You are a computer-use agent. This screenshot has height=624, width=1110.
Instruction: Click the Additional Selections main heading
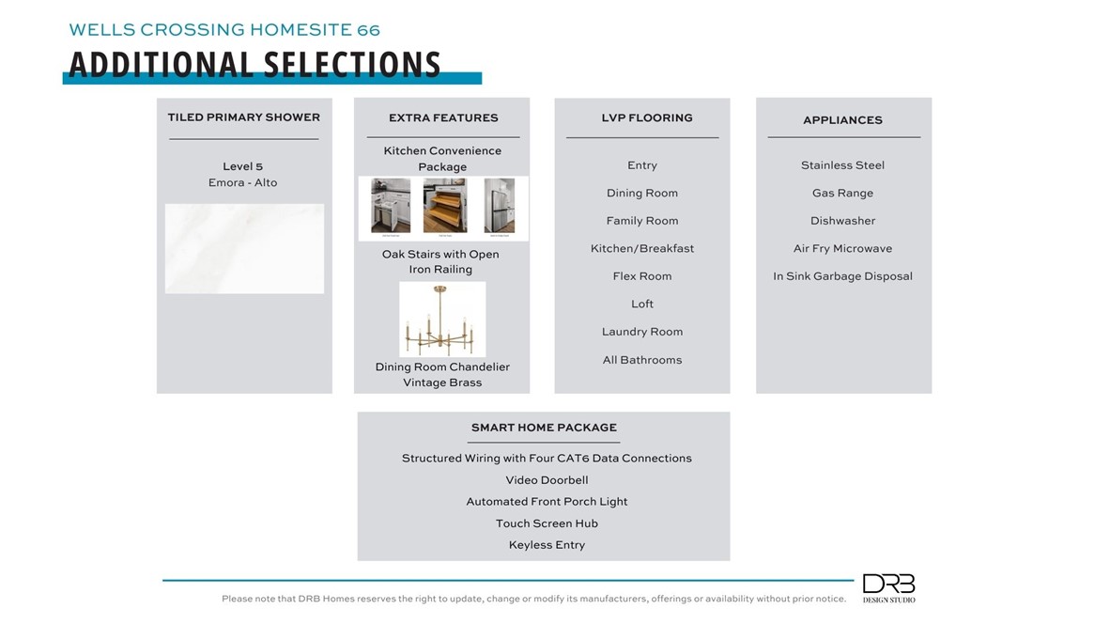[x=254, y=64]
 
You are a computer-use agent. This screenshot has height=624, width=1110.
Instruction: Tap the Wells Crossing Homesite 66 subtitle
[x=224, y=30]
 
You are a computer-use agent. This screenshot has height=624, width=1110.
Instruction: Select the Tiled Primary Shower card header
[x=244, y=117]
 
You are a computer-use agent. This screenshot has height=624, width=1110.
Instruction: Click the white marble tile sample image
[x=244, y=248]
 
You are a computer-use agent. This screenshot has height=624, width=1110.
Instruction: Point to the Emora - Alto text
[x=243, y=182]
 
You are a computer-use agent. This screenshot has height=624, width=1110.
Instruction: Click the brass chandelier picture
[x=442, y=320]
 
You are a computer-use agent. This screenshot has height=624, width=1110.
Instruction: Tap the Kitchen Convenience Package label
[x=442, y=158]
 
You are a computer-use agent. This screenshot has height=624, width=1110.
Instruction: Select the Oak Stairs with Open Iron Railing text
[x=440, y=261]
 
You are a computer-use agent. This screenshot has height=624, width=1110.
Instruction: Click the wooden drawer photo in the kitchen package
[x=444, y=206]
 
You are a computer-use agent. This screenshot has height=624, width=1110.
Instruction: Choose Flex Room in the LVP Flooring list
[x=642, y=276]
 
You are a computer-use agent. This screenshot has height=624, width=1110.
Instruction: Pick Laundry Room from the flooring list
[x=642, y=332]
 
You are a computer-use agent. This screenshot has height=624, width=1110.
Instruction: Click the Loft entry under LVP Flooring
[x=642, y=304]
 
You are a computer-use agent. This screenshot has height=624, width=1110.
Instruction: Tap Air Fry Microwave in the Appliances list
[x=842, y=248]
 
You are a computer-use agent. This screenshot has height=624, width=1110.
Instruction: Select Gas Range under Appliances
[x=842, y=193]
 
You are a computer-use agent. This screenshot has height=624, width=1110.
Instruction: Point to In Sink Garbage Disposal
[x=842, y=276]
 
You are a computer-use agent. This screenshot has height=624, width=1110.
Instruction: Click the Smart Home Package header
[x=544, y=428]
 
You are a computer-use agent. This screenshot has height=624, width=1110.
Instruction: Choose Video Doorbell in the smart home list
[x=547, y=480]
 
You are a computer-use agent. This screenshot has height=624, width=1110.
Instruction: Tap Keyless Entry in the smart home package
[x=547, y=545]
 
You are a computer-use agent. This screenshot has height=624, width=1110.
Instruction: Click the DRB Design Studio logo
[x=888, y=588]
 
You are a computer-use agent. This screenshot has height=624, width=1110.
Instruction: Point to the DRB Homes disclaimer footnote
[x=533, y=599]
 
